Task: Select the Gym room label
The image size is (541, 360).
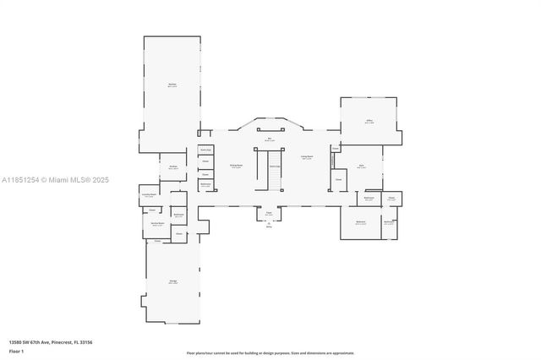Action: pyautogui.click(x=361, y=166)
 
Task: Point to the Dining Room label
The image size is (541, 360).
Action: pyautogui.click(x=238, y=166)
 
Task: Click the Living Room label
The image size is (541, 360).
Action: pyautogui.click(x=307, y=156)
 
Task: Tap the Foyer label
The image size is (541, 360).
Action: pyautogui.click(x=269, y=214)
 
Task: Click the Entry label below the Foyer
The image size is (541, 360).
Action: pyautogui.click(x=269, y=226)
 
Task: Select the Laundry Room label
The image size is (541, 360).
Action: pyautogui.click(x=149, y=196)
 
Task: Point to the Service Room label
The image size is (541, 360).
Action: pyautogui.click(x=157, y=225)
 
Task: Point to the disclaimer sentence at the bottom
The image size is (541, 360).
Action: pyautogui.click(x=270, y=352)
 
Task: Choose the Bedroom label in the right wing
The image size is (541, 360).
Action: pyautogui.click(x=361, y=221)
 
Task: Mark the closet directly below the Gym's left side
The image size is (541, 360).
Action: pyautogui.click(x=339, y=179)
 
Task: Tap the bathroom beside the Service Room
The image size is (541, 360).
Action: pyautogui.click(x=178, y=215)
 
